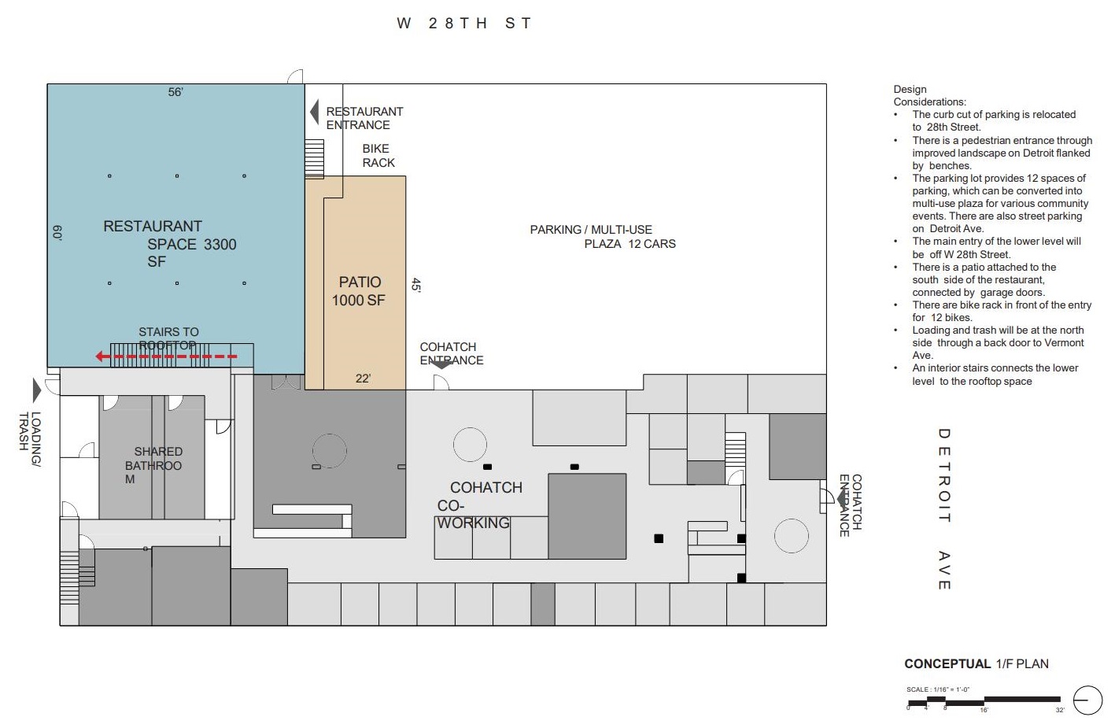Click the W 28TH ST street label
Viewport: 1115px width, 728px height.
[x=464, y=24]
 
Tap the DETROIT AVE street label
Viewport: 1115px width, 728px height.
[x=944, y=508]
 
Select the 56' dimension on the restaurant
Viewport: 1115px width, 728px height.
[x=175, y=92]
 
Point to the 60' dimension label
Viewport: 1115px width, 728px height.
[x=57, y=233]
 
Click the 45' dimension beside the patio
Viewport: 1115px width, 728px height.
[x=416, y=285]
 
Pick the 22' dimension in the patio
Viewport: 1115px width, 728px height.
[x=363, y=379]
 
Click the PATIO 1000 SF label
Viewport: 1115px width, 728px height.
[x=359, y=291]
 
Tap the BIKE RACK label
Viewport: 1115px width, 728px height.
[x=378, y=156]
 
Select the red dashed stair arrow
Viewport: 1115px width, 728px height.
[x=166, y=356]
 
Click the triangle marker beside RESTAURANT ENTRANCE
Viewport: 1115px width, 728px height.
[x=315, y=112]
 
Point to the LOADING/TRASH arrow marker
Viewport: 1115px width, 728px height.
[x=37, y=390]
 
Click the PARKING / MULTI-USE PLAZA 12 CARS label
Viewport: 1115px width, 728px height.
[x=603, y=237]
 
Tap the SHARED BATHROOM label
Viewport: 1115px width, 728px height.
[x=153, y=465]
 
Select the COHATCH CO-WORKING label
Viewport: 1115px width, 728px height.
[x=480, y=505]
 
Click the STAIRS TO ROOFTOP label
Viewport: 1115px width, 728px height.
[x=168, y=338]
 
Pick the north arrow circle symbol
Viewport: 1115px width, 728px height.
[x=1087, y=700]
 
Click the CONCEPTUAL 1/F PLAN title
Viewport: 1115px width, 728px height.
[x=977, y=663]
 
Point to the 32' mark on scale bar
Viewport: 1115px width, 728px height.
[x=1060, y=710]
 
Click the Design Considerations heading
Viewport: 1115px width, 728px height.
[x=929, y=95]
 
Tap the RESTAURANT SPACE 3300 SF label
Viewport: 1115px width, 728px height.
[x=170, y=244]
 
